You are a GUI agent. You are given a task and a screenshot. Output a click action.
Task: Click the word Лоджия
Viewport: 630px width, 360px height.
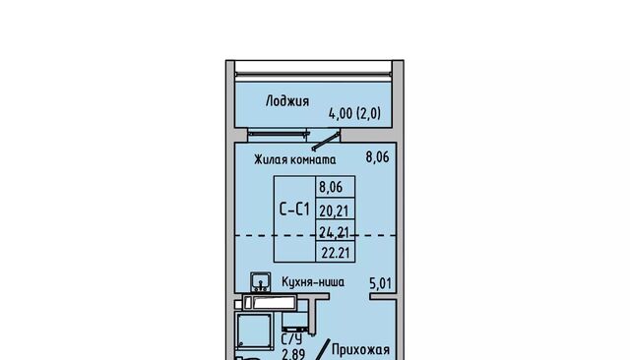[x=287, y=101]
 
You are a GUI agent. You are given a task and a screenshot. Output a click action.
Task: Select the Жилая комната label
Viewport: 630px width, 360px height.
[x=295, y=159]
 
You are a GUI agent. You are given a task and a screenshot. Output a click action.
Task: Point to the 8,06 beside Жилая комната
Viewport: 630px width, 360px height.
[x=377, y=157]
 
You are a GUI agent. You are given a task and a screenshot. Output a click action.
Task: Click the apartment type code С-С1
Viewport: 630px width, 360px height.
[x=294, y=210]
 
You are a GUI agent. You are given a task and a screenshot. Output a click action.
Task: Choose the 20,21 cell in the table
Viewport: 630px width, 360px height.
[x=334, y=210]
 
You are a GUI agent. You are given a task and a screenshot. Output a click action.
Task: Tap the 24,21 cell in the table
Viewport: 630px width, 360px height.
[x=334, y=232]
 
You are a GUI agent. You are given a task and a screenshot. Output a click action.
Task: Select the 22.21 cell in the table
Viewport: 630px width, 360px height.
[x=336, y=253]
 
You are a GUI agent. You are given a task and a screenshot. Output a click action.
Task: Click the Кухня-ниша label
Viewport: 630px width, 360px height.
[x=313, y=282]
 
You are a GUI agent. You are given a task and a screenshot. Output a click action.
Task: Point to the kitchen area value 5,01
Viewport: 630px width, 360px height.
[x=380, y=283]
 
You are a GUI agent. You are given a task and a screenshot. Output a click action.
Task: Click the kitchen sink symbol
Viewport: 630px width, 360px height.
[x=260, y=281]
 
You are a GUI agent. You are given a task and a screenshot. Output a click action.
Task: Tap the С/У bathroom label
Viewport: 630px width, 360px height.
[x=291, y=339]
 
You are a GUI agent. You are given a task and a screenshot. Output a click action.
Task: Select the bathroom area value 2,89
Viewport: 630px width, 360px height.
[x=293, y=354]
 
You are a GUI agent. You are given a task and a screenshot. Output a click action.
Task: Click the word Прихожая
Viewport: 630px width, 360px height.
[x=360, y=349]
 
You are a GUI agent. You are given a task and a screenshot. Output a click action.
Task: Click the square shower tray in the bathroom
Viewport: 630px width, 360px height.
[x=254, y=331]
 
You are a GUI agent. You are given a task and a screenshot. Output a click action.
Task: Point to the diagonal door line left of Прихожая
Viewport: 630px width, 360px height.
[x=322, y=349]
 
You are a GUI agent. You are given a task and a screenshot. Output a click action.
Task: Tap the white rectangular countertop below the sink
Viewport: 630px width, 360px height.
[x=270, y=302]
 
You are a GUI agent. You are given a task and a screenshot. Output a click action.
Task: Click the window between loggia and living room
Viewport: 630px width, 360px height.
[x=278, y=134]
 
